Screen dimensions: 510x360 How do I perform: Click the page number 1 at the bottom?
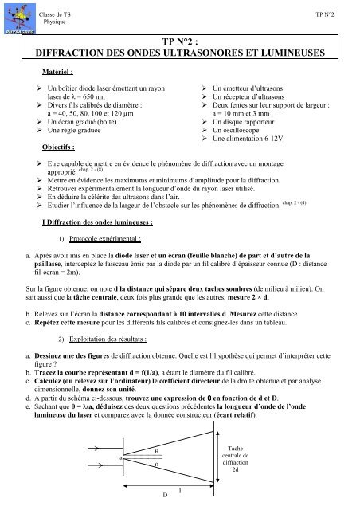181,491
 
